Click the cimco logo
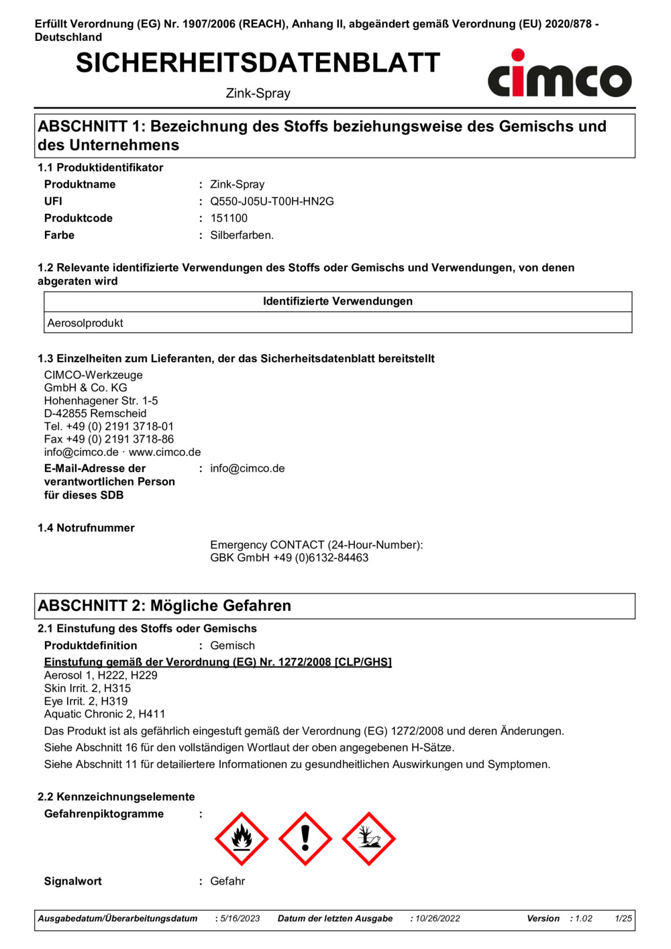click(x=560, y=74)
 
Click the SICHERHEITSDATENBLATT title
click(x=258, y=63)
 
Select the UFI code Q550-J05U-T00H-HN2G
click(x=272, y=201)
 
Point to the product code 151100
click(x=229, y=218)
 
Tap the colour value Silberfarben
click(x=242, y=235)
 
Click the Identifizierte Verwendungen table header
click(x=338, y=302)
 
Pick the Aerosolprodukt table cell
click(x=85, y=323)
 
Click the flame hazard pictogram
click(x=242, y=838)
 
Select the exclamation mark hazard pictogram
click(x=305, y=838)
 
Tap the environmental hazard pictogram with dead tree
click(x=369, y=838)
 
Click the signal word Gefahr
click(x=227, y=881)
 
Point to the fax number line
click(x=109, y=439)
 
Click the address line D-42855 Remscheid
click(x=95, y=414)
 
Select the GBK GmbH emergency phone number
click(x=289, y=558)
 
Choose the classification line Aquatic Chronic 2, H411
click(x=105, y=714)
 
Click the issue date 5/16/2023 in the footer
click(x=240, y=919)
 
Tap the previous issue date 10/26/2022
click(x=437, y=919)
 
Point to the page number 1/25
click(x=623, y=919)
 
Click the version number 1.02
click(x=584, y=919)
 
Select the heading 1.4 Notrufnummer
click(x=86, y=528)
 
